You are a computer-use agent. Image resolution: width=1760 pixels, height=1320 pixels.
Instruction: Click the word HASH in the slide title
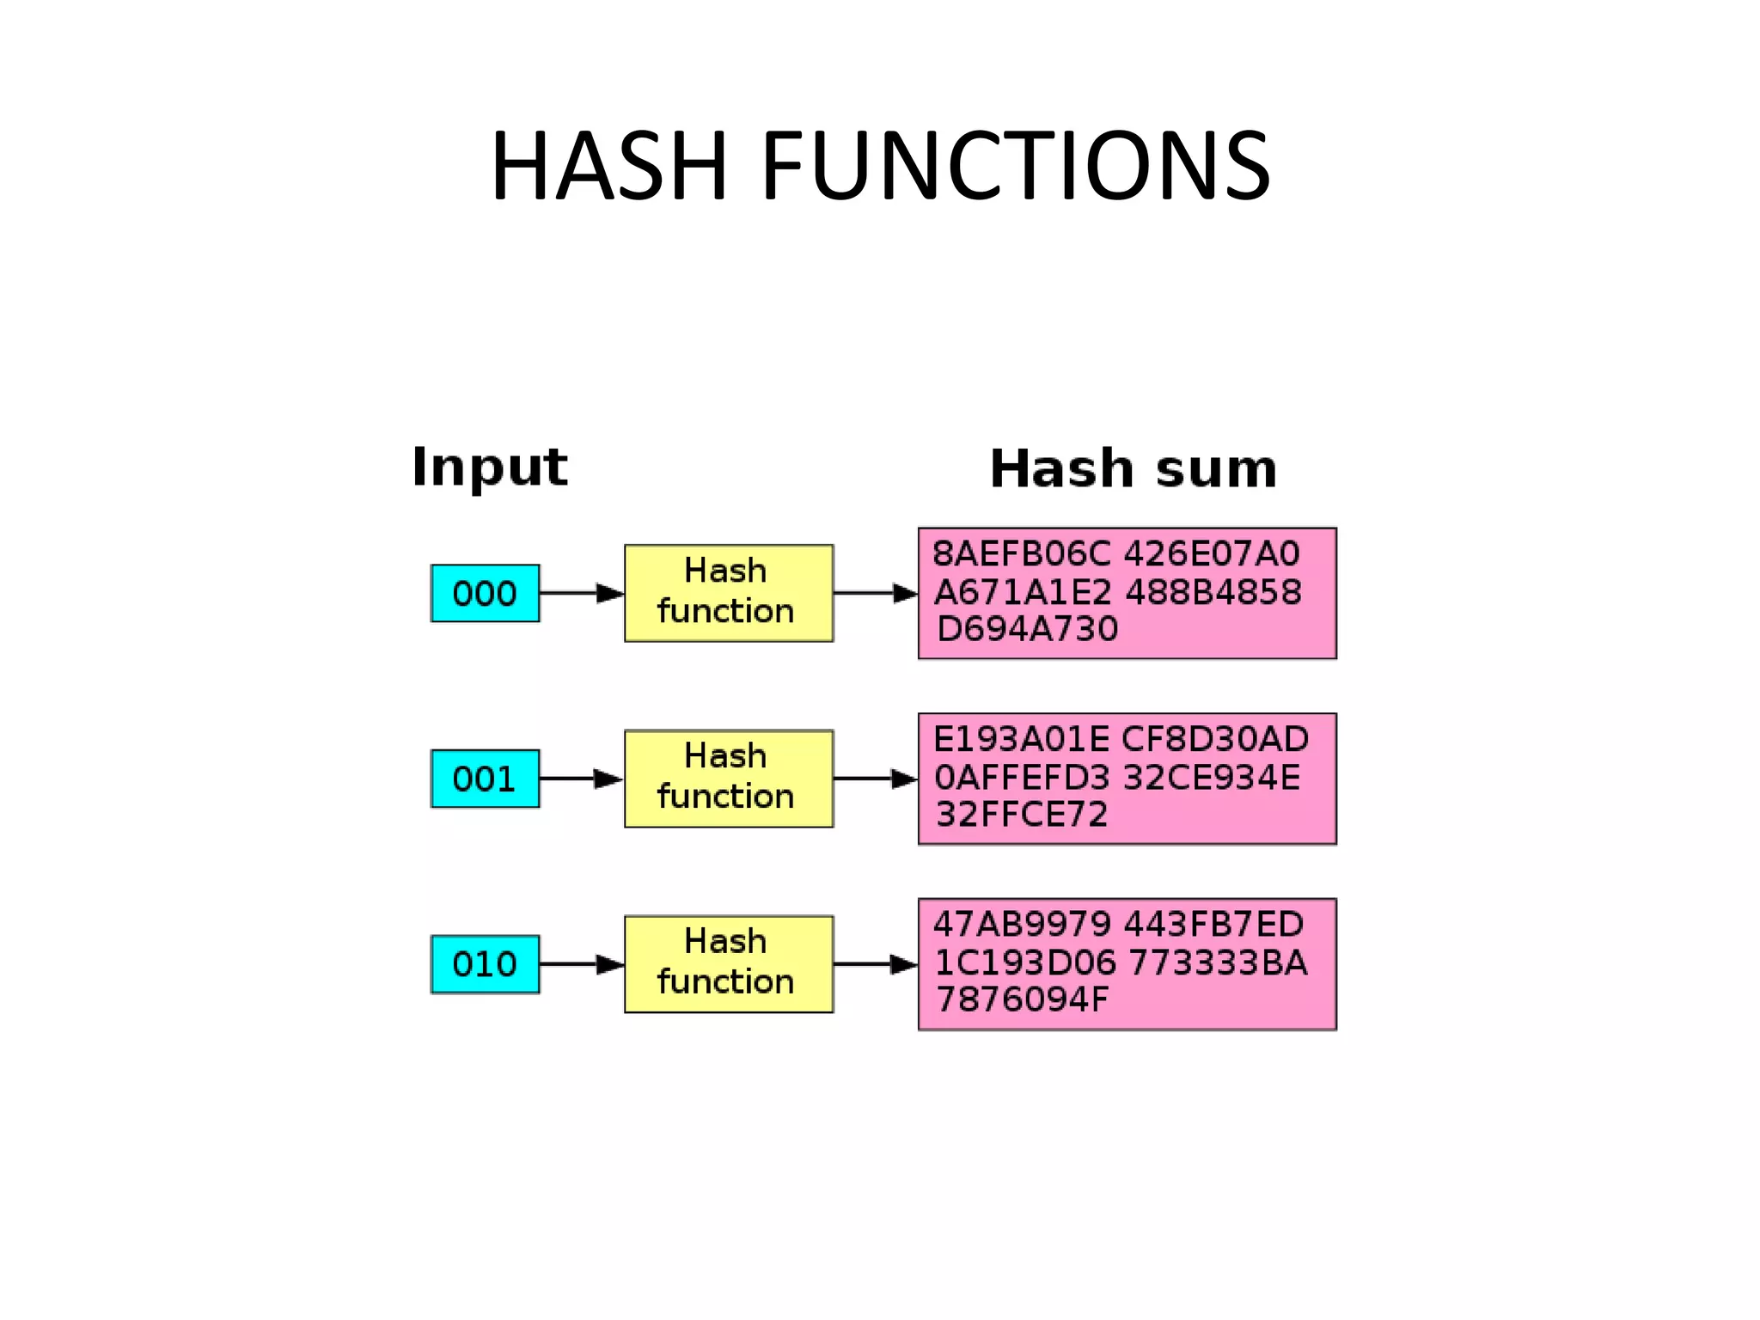point(609,165)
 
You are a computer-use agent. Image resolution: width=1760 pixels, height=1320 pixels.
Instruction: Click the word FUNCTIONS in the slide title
point(1015,165)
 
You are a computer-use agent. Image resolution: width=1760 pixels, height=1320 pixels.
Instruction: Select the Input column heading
point(489,467)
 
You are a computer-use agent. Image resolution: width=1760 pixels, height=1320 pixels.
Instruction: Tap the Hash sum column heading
point(1133,468)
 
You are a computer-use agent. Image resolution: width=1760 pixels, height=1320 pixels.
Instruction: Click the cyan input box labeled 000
point(485,593)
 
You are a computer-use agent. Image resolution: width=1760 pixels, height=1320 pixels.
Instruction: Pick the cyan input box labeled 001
point(485,779)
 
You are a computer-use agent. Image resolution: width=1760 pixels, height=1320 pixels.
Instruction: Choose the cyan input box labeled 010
point(485,964)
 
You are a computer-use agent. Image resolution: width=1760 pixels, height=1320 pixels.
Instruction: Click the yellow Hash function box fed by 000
point(728,593)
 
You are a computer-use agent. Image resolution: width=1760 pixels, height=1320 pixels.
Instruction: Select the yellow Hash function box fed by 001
point(728,779)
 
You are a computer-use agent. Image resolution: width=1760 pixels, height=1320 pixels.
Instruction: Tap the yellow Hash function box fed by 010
point(728,964)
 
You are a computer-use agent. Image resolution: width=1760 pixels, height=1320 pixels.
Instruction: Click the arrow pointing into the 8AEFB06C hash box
point(875,593)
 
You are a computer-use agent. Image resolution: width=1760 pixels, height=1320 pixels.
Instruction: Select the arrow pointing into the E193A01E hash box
point(875,779)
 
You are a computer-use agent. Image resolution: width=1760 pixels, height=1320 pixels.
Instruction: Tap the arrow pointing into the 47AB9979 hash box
point(875,964)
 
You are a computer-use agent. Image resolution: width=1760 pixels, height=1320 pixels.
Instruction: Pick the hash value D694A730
point(1027,629)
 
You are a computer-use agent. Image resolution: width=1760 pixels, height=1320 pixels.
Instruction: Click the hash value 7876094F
point(1022,999)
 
